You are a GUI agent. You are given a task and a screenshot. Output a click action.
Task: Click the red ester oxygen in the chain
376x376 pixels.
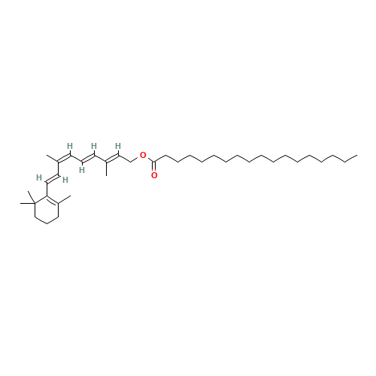click(143, 155)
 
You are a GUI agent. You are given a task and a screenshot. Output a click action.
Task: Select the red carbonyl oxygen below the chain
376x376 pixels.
click(154, 174)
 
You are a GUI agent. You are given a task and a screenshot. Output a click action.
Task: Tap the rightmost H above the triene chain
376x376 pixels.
click(118, 146)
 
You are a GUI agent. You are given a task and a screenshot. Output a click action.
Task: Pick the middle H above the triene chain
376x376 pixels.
click(94, 146)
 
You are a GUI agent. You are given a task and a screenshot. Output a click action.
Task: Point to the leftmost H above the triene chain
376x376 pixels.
click(70, 146)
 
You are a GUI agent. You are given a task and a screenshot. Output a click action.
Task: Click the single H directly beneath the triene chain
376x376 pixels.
click(81, 169)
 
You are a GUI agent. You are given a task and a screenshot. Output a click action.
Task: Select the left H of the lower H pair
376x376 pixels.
click(39, 177)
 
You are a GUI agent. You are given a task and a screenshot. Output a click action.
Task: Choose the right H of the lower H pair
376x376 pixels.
click(65, 179)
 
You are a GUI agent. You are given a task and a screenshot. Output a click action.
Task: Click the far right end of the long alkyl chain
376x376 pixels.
click(356, 156)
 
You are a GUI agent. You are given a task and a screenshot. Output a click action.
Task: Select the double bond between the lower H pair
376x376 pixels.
click(52, 178)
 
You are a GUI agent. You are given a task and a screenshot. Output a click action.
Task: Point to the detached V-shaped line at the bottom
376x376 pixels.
click(47, 219)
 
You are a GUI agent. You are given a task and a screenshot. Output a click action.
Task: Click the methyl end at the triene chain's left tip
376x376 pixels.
click(48, 156)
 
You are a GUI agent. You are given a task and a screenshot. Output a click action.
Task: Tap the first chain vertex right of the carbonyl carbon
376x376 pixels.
click(164, 156)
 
